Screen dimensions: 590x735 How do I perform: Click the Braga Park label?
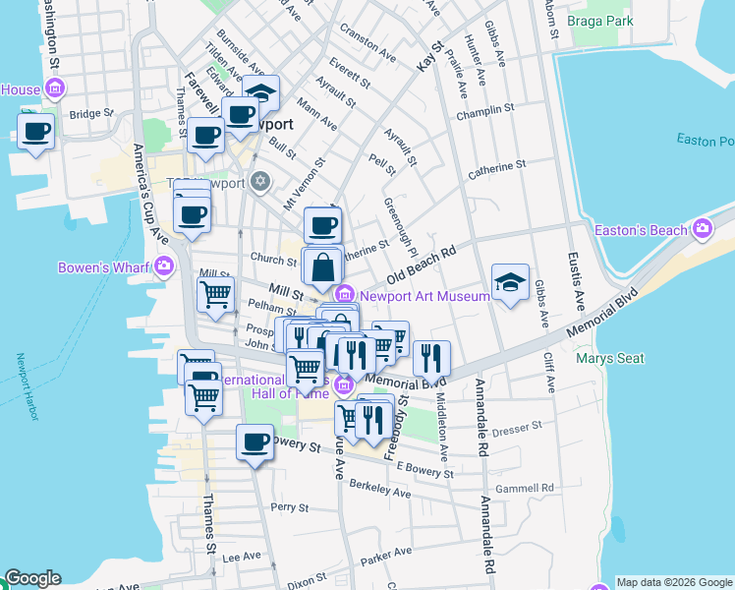pos(599,20)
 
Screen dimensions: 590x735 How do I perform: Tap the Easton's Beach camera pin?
pos(702,230)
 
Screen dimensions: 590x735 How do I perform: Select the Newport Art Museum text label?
pos(424,295)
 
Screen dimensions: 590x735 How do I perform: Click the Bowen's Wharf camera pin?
pos(163,265)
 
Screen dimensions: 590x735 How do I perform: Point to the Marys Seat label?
pos(610,358)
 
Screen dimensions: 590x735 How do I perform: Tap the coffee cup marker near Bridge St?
pos(37,132)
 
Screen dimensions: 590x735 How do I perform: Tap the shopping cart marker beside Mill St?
pos(215,293)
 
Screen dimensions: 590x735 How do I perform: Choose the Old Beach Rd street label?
pos(423,265)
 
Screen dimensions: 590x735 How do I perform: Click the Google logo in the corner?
pos(31,579)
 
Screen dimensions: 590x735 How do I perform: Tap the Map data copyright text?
pos(673,582)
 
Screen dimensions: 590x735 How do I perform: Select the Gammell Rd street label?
pos(525,488)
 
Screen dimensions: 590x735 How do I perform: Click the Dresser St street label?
pos(517,428)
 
